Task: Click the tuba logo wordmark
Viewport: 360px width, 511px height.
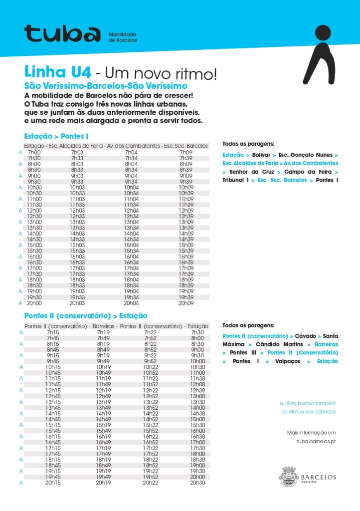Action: click(62, 33)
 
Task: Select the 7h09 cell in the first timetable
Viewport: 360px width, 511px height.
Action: click(185, 152)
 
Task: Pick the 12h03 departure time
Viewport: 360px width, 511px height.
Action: click(77, 210)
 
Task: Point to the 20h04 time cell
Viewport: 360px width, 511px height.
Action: click(131, 303)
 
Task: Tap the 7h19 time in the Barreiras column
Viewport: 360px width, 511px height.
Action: click(104, 332)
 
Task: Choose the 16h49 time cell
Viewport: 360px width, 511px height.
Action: click(104, 442)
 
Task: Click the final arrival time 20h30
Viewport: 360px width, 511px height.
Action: click(197, 483)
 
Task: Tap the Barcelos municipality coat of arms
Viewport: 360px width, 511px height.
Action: click(288, 477)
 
